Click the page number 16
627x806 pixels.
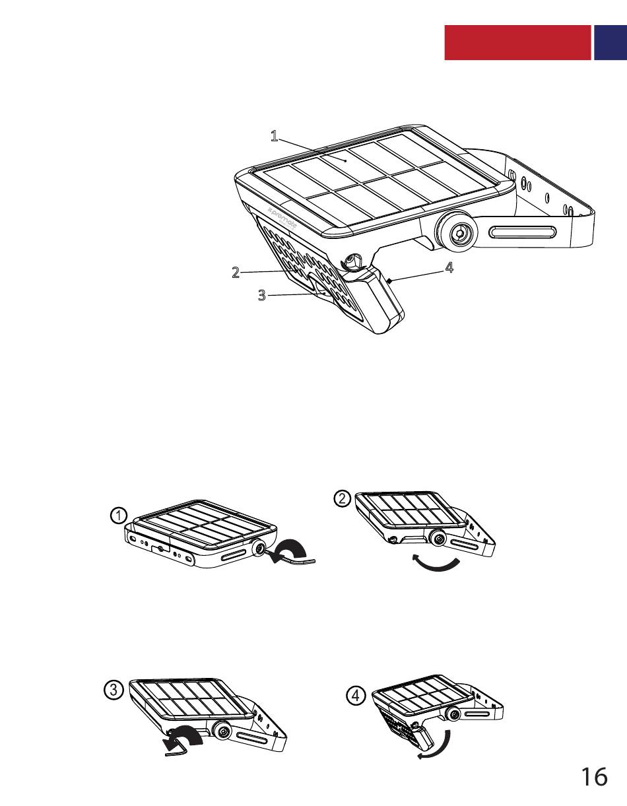[x=594, y=777]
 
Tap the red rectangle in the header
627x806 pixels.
[x=517, y=42]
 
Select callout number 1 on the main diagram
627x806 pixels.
[x=274, y=136]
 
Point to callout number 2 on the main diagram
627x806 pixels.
[x=236, y=272]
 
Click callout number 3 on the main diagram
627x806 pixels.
[x=262, y=295]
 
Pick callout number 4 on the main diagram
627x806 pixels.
[x=449, y=268]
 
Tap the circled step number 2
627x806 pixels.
[x=342, y=498]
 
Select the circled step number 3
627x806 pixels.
[x=114, y=690]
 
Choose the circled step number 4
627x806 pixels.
[x=356, y=695]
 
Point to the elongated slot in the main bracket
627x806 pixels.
[x=523, y=232]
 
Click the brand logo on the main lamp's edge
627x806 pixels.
[x=282, y=218]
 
